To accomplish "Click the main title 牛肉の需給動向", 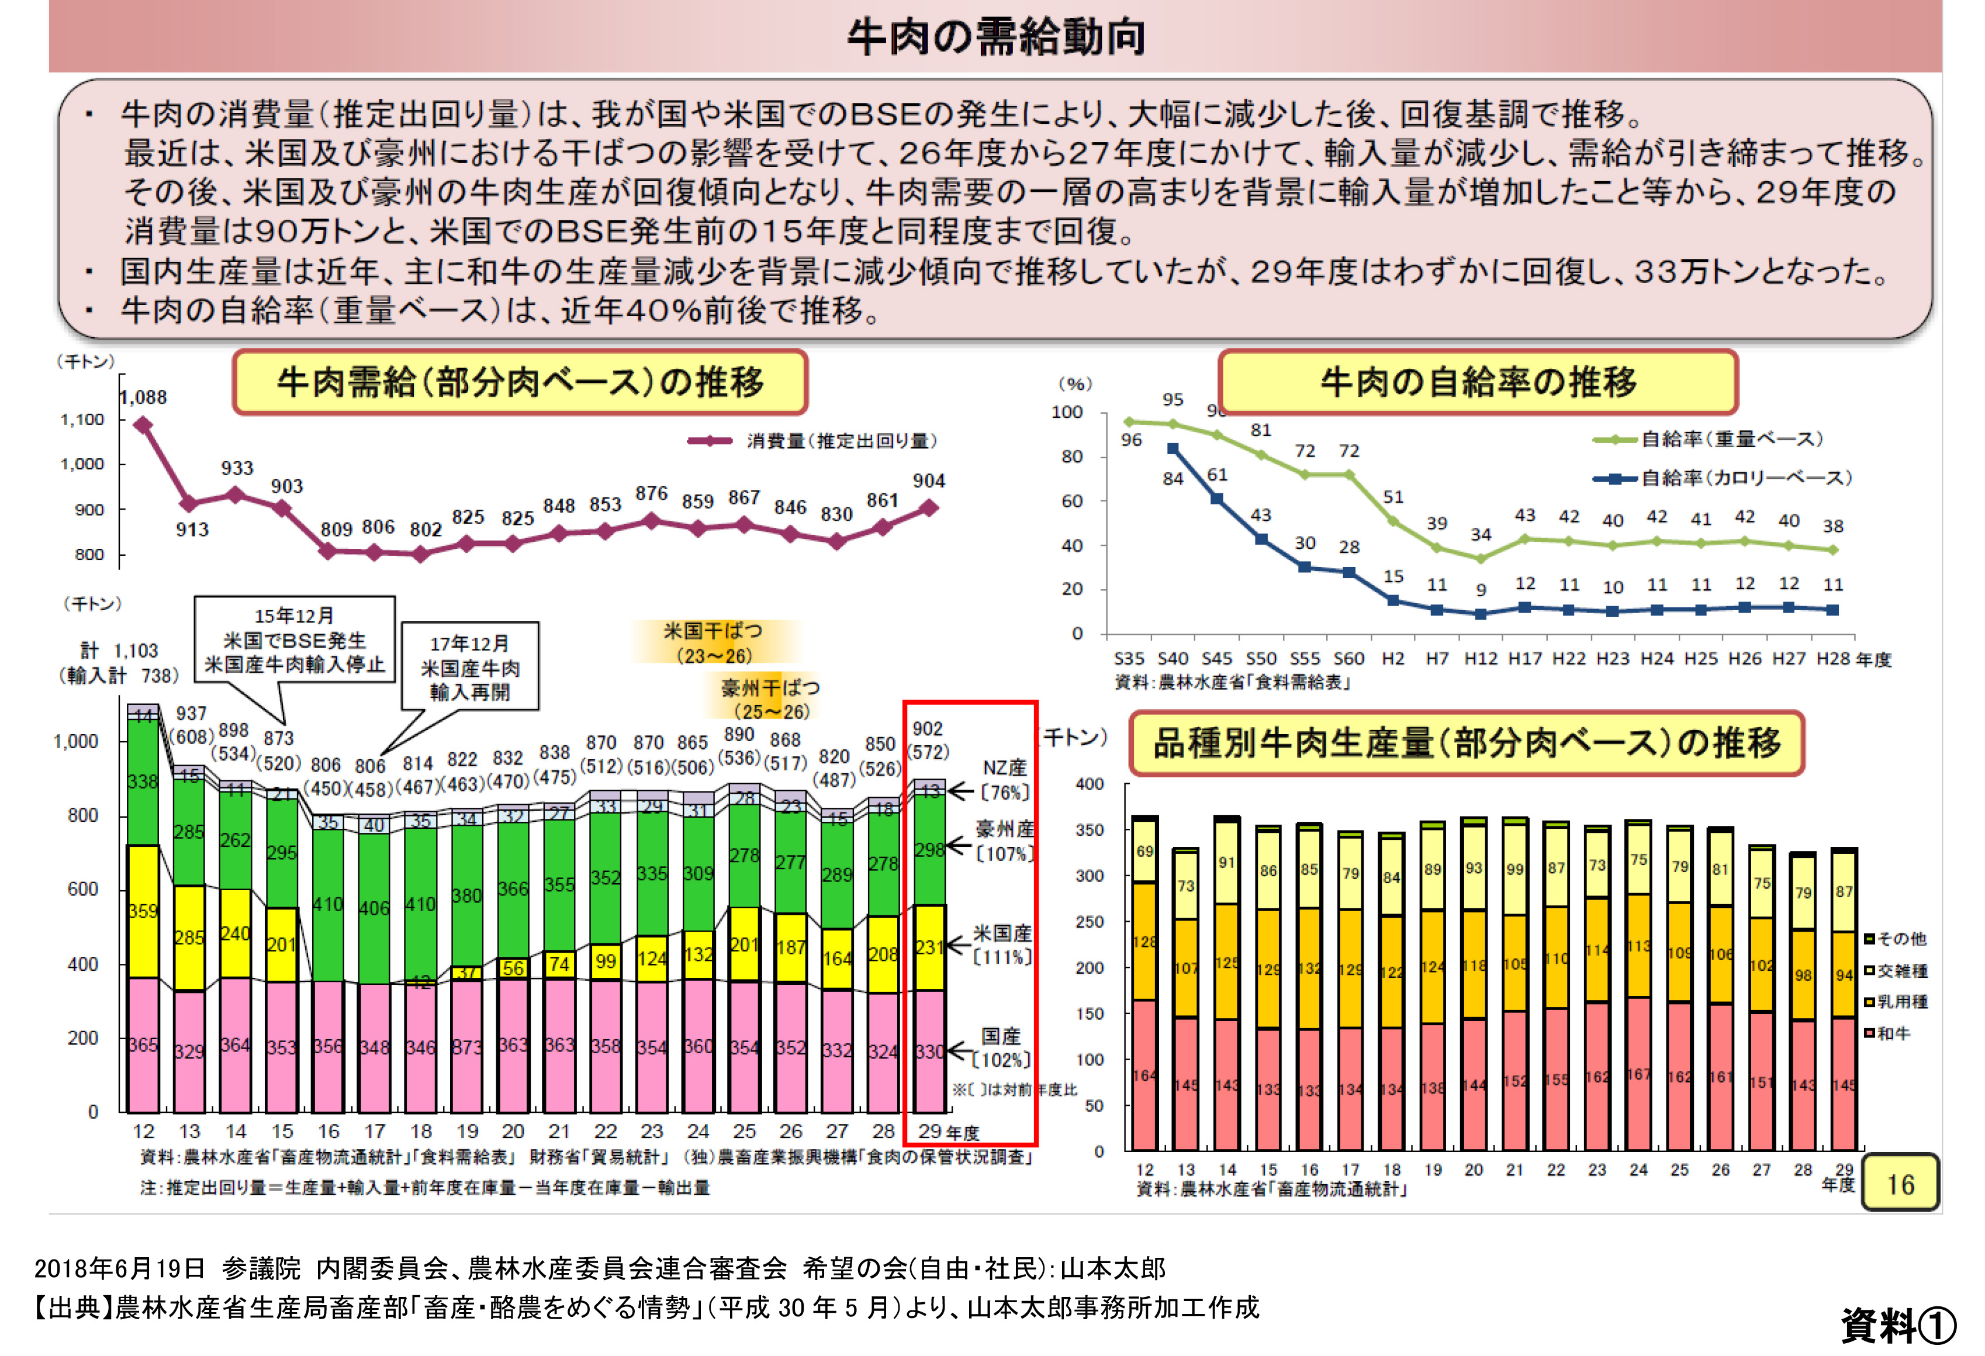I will [x=995, y=37].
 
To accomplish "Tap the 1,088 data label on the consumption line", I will [x=143, y=397].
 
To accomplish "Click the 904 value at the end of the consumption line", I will [x=928, y=481].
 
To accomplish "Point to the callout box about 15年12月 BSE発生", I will [x=295, y=639].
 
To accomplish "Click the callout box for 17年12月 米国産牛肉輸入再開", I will [x=470, y=667].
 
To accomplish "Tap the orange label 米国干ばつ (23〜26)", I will [x=713, y=643].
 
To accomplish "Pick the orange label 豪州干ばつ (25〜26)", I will [x=770, y=698].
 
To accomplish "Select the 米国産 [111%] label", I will [x=1003, y=945].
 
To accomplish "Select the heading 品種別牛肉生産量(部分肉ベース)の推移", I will [x=1467, y=743].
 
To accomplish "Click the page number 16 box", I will [x=1900, y=1184].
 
